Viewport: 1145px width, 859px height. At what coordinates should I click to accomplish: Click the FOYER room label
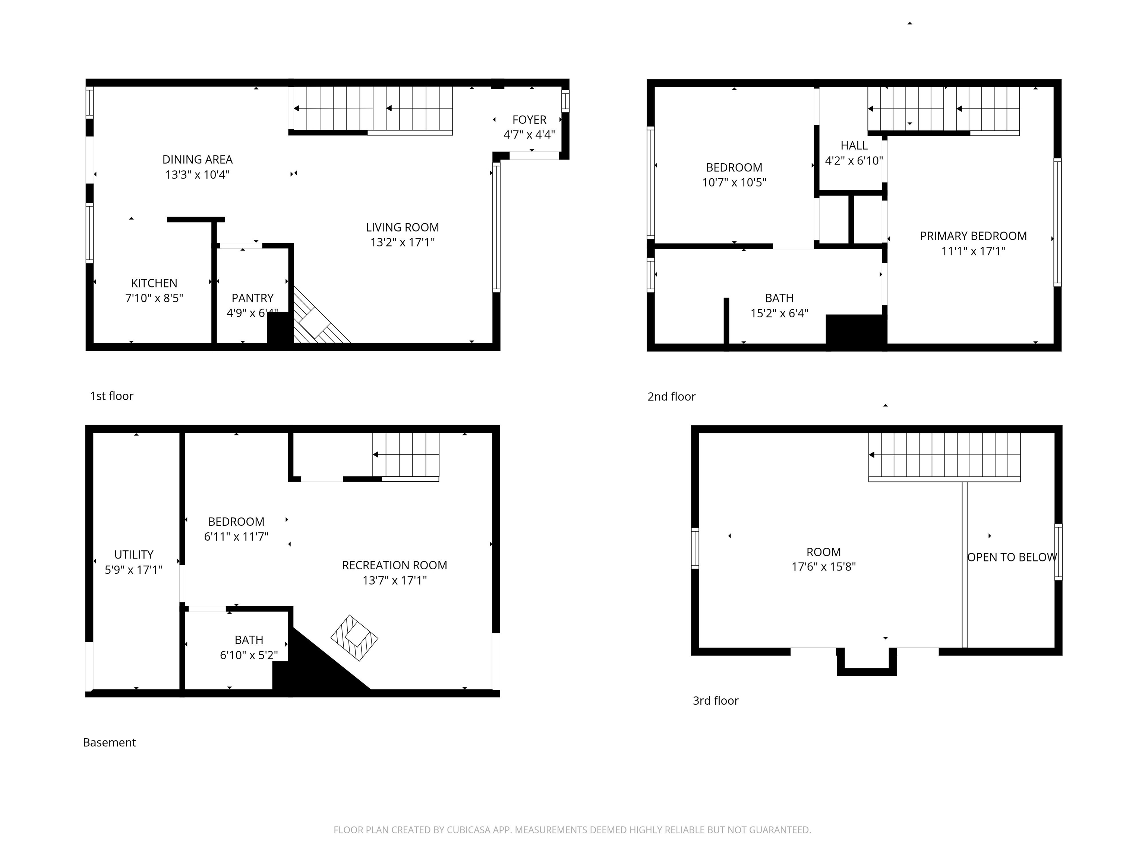[x=529, y=120]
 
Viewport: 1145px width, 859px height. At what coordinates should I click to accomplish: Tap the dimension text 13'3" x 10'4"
[x=197, y=174]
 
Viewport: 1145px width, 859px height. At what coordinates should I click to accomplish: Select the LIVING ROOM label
[x=402, y=227]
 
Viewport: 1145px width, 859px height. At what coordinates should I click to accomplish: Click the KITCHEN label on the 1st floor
[x=154, y=283]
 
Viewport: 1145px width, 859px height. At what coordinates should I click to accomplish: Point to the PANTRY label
[x=252, y=298]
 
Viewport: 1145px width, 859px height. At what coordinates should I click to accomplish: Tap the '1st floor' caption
[x=111, y=396]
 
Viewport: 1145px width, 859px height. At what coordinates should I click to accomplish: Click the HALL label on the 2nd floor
[x=854, y=145]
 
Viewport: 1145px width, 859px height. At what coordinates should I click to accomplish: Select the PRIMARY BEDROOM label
[x=973, y=236]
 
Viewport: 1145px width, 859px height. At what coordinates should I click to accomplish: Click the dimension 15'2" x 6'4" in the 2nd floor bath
[x=779, y=313]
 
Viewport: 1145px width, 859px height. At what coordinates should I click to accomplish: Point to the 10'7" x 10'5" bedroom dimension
[x=734, y=182]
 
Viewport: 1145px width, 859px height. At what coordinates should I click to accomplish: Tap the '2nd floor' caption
[x=671, y=397]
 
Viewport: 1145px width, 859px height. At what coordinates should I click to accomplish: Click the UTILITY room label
[x=133, y=554]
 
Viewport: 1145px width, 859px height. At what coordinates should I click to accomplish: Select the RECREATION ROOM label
[x=394, y=566]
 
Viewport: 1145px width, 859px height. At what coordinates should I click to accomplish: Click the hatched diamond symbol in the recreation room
[x=354, y=638]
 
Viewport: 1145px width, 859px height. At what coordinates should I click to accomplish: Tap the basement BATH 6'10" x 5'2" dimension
[x=249, y=655]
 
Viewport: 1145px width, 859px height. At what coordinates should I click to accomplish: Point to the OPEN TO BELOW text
[x=1012, y=557]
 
